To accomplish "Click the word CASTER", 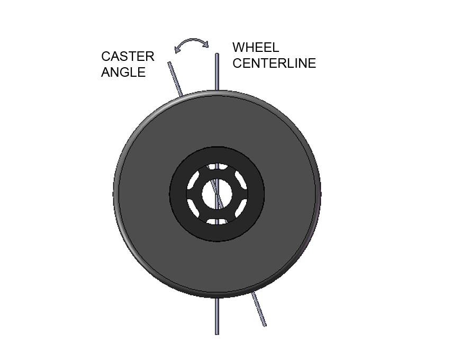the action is (128, 57).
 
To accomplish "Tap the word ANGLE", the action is (123, 72).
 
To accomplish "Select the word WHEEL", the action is (255, 47).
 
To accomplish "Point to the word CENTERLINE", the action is (274, 63).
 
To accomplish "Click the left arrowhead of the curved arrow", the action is (177, 50).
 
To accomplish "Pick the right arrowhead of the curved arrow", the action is (206, 44).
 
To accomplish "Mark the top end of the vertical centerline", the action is (217, 54).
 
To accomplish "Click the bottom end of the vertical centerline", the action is (217, 334).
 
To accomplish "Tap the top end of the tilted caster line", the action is (169, 62).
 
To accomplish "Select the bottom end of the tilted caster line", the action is (265, 325).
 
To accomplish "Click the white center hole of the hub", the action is (217, 194).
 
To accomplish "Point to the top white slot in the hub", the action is (217, 167).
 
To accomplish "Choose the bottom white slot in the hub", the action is (217, 222).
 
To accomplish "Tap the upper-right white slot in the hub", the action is (241, 180).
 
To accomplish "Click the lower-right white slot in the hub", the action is (241, 208).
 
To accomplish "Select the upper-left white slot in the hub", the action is (193, 180).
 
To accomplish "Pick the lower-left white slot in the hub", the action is (193, 208).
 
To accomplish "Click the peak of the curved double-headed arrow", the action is (192, 39).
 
